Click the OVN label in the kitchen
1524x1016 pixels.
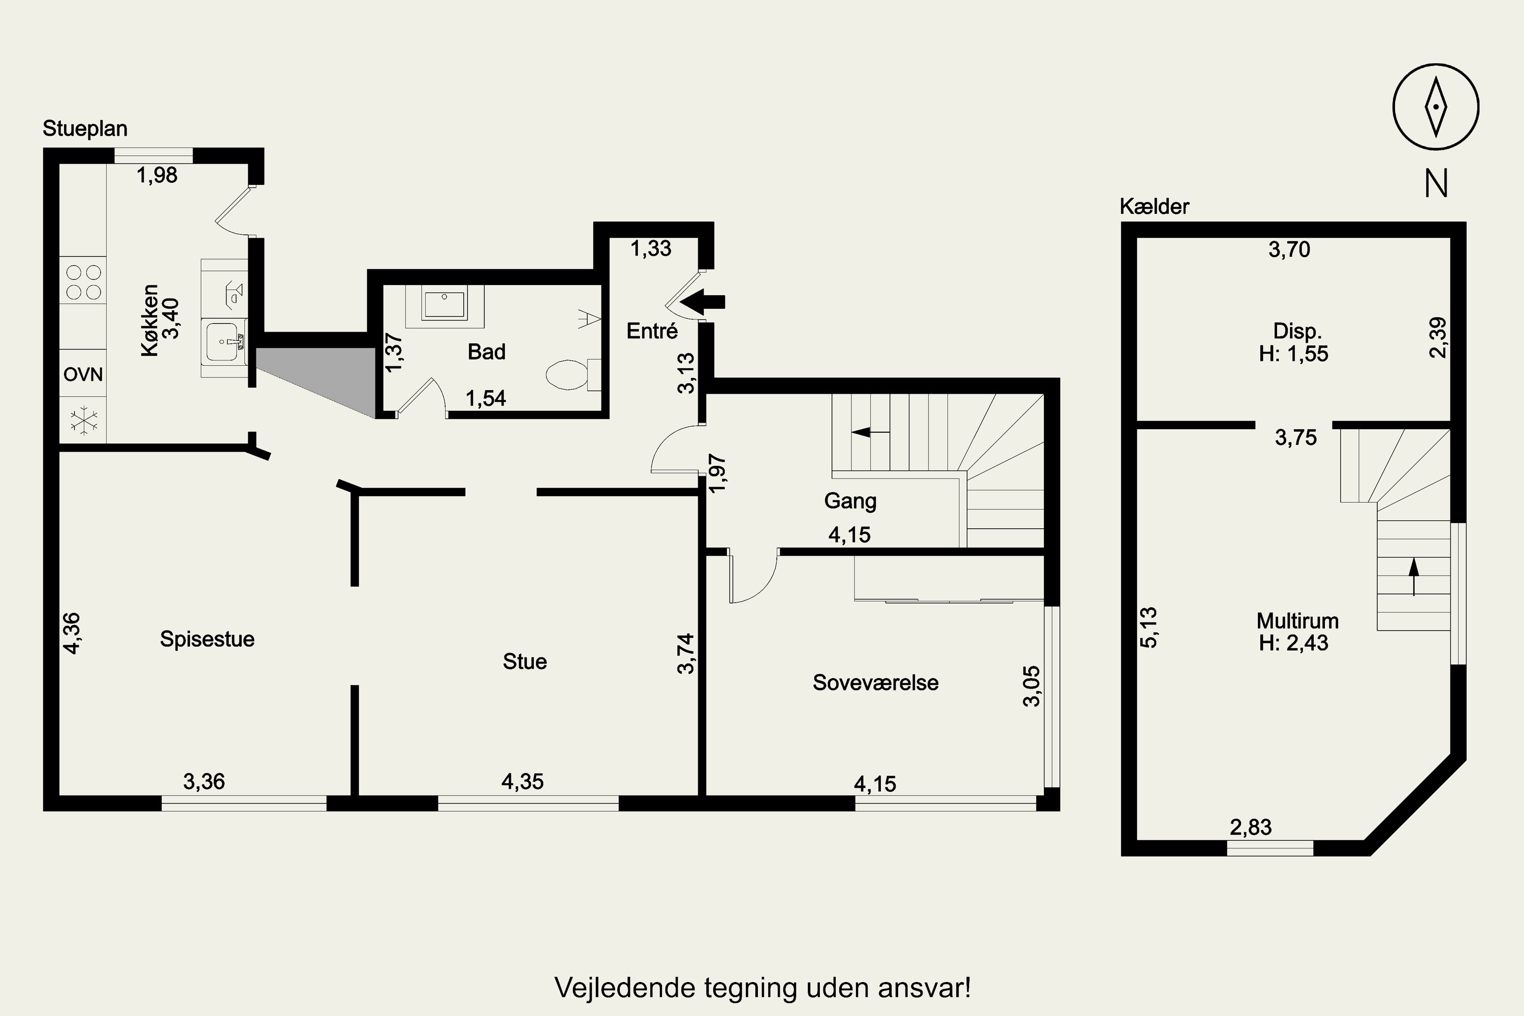83,374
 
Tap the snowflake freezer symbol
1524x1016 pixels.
84,421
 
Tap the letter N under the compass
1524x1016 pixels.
1436,184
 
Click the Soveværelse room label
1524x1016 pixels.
875,683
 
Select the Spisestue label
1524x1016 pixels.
207,640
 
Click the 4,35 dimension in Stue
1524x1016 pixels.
522,781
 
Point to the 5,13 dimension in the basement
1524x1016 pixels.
1148,627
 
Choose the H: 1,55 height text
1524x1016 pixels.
1293,354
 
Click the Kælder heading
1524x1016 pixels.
1155,207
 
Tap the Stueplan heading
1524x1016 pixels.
85,129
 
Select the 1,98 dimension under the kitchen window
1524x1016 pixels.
157,175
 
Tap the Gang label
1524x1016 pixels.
850,501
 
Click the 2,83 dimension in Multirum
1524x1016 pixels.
1251,828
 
